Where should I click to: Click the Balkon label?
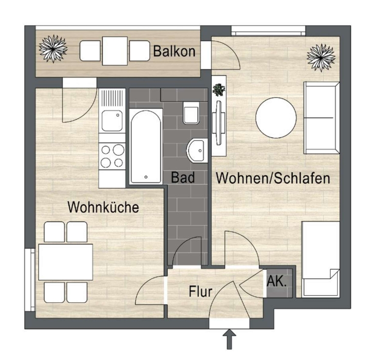[174, 51]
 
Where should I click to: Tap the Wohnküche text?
[103, 207]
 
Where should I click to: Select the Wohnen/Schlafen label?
[273, 178]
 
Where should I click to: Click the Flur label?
[200, 291]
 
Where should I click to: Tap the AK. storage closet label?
[277, 282]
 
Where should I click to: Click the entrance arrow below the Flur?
[229, 339]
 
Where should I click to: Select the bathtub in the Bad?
[146, 146]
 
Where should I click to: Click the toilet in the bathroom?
[191, 113]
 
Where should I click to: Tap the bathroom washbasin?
[197, 151]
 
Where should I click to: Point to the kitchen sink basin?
[112, 121]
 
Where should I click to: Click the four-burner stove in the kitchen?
[112, 156]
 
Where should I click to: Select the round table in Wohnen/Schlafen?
[276, 118]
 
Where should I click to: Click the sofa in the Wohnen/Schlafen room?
[321, 118]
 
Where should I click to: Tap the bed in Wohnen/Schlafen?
[320, 260]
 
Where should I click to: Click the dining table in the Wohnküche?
[65, 262]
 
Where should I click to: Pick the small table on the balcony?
[115, 51]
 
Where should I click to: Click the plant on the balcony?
[53, 49]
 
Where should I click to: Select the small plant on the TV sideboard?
[219, 89]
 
